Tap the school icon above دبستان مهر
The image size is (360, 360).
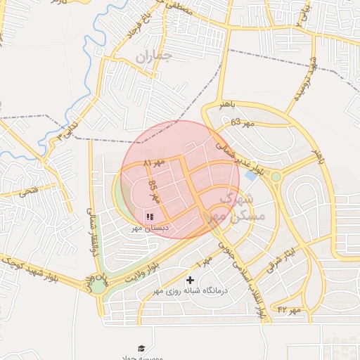[x=150, y=215]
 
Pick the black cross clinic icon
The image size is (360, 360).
[x=189, y=281]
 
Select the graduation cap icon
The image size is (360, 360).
[x=141, y=348]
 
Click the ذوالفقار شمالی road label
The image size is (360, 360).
[x=89, y=225]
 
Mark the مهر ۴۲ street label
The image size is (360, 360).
[x=289, y=309]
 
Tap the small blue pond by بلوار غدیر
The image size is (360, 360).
[x=250, y=176]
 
